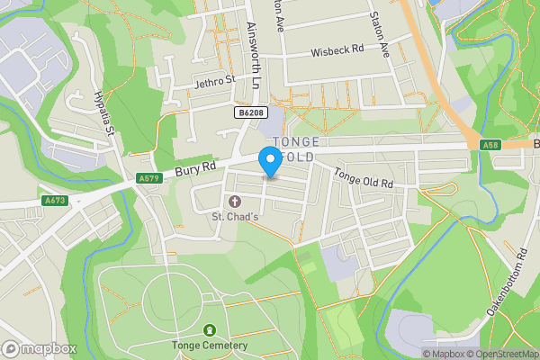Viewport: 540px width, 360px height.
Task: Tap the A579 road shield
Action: pos(149,179)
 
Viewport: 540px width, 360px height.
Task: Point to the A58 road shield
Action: pos(490,144)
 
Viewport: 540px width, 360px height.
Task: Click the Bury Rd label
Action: pos(195,166)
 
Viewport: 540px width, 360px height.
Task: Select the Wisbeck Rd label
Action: pos(337,51)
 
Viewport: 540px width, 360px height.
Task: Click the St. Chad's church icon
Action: pos(236,201)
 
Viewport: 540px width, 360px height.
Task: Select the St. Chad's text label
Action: pos(236,216)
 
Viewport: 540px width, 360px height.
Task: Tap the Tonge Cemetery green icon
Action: pos(210,330)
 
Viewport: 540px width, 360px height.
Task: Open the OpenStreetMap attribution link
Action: pos(500,354)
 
